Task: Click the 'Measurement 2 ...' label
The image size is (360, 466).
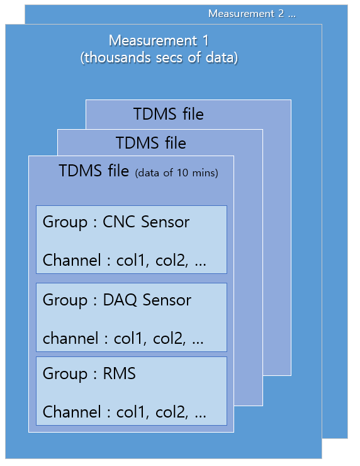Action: pyautogui.click(x=251, y=13)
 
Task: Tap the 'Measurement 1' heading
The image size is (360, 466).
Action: pyautogui.click(x=159, y=41)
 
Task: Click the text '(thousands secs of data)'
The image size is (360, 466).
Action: pyautogui.click(x=159, y=58)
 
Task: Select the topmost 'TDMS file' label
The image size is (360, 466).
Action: pyautogui.click(x=169, y=114)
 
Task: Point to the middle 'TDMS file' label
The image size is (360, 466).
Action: pyautogui.click(x=151, y=143)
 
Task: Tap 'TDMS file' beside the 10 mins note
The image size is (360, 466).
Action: pyautogui.click(x=94, y=171)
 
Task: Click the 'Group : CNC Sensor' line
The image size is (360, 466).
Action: pyautogui.click(x=116, y=222)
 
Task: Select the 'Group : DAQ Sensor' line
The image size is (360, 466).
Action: pyautogui.click(x=116, y=300)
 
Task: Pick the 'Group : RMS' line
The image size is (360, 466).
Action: pyautogui.click(x=89, y=373)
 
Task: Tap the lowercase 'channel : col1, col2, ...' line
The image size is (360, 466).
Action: pyautogui.click(x=123, y=338)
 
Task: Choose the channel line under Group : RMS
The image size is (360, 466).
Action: pyautogui.click(x=124, y=412)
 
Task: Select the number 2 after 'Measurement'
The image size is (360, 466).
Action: pyautogui.click(x=281, y=13)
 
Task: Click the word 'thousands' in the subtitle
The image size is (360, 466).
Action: pyautogui.click(x=113, y=58)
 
